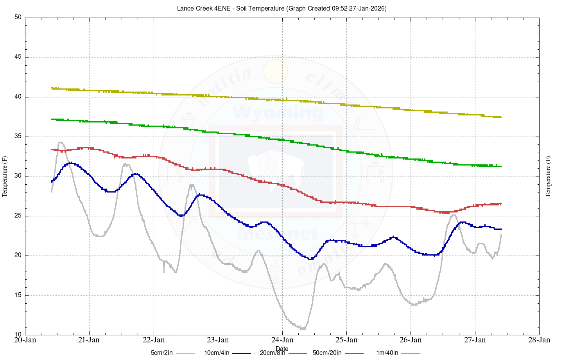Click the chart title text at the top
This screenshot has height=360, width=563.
coord(281,8)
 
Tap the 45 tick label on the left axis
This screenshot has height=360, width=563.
coord(18,57)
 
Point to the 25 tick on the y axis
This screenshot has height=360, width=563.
coord(18,216)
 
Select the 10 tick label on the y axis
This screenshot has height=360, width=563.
coord(18,335)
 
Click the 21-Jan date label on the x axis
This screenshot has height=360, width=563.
coord(89,340)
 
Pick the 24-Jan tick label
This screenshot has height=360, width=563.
coord(282,340)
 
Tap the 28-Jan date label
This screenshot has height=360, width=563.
coord(539,340)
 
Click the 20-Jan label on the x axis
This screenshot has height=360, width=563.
coord(25,340)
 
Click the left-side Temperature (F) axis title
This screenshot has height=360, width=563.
coord(5,176)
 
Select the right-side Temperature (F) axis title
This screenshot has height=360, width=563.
coord(548,176)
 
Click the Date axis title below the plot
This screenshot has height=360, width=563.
coord(282,349)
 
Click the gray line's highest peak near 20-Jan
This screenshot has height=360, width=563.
coord(61,142)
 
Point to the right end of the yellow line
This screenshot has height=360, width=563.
coord(501,117)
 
